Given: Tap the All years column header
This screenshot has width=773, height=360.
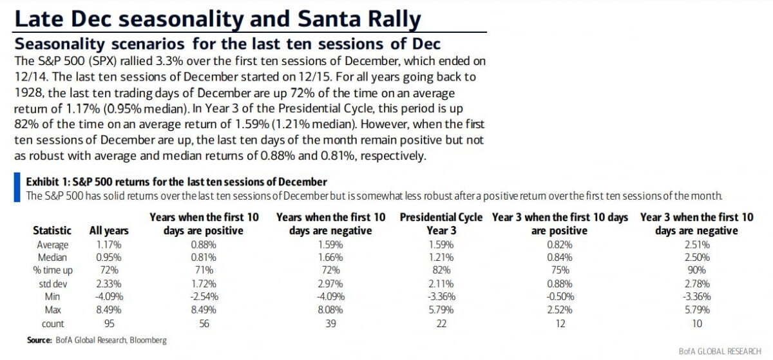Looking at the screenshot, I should click(109, 231).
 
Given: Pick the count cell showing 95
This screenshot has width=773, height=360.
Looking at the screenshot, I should click(109, 324).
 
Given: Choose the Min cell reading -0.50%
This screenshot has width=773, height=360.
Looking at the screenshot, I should click(559, 298).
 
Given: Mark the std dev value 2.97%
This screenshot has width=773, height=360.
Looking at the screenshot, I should click(330, 284).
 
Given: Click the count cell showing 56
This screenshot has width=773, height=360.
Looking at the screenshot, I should click(204, 324).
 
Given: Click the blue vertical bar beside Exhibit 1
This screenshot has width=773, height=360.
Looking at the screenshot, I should click(17, 187).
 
